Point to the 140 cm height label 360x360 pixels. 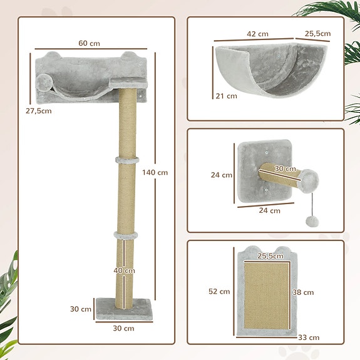155,172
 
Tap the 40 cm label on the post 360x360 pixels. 125,270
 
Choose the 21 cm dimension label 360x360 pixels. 226,96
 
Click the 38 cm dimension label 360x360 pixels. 304,292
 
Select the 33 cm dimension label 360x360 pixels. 309,337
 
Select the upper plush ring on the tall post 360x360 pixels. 125,161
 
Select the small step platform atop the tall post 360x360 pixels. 122,82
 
